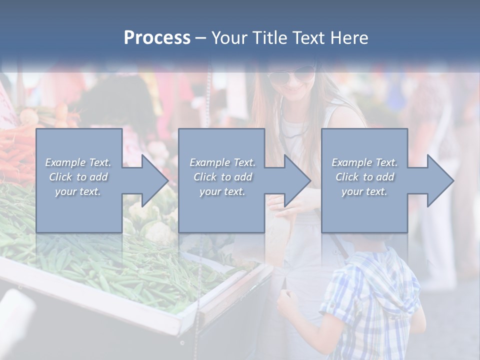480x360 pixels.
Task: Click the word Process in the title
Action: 157,38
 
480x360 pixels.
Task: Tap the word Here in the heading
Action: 350,38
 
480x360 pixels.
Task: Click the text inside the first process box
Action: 78,177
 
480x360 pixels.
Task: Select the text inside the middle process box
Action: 222,177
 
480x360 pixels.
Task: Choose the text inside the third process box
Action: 364,177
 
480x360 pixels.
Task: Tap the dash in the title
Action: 200,38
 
